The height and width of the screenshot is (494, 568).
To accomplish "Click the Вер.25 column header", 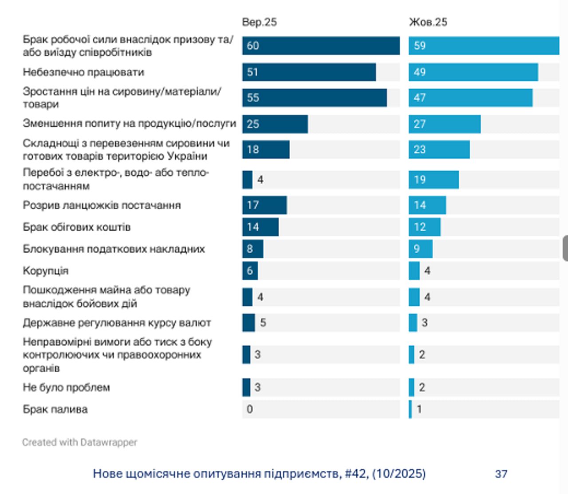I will (x=259, y=22).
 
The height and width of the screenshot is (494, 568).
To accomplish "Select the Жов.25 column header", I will (x=428, y=22).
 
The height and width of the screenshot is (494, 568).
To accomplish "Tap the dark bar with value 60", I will (x=321, y=46).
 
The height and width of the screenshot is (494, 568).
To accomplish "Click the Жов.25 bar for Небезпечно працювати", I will (x=473, y=72).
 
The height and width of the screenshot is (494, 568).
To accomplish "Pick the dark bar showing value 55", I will (x=314, y=98).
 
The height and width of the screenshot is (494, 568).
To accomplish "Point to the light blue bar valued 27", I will (x=444, y=124).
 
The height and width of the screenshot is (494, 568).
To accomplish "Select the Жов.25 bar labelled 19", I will (x=434, y=179).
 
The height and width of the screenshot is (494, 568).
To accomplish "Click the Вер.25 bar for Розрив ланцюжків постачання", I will (x=264, y=205).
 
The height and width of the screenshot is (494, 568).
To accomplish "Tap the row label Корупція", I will (x=46, y=271).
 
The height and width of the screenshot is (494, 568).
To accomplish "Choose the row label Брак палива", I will (x=55, y=409).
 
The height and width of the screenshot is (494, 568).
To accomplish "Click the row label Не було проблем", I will (x=66, y=387).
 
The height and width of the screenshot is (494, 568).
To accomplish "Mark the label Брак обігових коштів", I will (x=77, y=227).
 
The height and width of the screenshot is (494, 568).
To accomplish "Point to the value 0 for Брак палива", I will (x=250, y=409).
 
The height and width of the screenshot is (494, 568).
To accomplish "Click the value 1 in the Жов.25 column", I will (x=419, y=409).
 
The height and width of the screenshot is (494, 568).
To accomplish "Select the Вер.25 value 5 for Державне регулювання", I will (x=263, y=323).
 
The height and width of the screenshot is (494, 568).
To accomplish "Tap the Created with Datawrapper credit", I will (x=80, y=442).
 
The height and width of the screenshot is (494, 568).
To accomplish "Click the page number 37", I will (x=501, y=474).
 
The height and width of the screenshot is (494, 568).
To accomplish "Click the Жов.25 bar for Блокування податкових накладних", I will (x=420, y=249).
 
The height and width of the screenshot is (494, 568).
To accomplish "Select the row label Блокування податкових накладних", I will (x=114, y=249).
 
